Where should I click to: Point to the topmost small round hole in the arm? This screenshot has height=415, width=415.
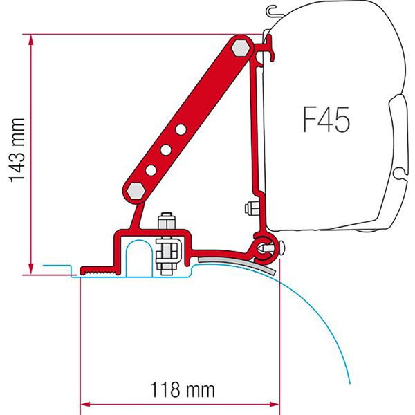(180, 129)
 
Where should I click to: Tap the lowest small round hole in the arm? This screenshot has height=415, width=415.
(150, 168)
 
